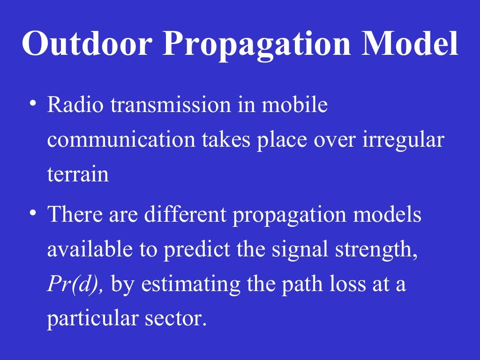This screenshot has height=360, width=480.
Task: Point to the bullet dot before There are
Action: point(32,213)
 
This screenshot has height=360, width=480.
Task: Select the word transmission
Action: point(171,105)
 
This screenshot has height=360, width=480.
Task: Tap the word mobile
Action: point(294,105)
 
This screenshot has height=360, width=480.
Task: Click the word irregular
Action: point(403,140)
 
